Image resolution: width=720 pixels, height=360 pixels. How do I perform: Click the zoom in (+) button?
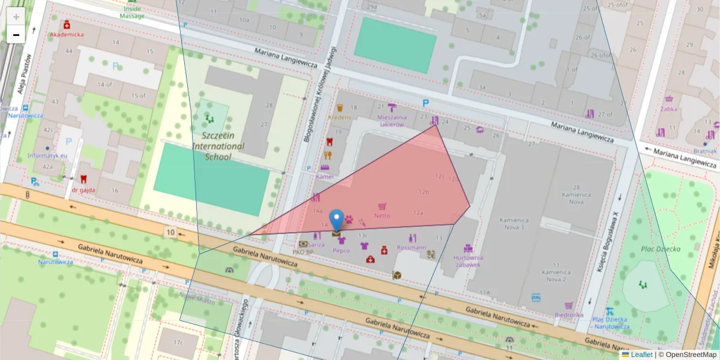pos(16,17)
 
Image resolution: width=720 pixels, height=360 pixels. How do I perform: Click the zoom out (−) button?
pos(16,35)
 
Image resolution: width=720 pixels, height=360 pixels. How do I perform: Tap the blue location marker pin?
pos(337,220)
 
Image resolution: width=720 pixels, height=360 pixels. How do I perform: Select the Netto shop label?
pos(382,215)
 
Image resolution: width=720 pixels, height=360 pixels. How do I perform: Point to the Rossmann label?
pos(412,247)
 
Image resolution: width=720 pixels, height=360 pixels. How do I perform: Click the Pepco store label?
pos(341,251)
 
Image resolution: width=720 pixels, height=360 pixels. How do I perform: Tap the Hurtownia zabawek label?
pos(467,261)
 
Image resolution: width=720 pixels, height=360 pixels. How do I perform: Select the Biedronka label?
pos(569,314)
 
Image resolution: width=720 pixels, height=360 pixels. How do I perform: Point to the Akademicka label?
pos(67,34)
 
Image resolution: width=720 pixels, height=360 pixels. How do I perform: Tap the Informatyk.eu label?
pos(47,155)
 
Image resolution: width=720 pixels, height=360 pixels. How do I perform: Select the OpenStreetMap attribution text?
pos(688,355)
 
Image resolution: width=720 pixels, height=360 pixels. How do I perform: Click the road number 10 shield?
pos(171,232)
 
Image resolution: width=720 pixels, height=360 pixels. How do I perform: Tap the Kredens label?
pos(340,118)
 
